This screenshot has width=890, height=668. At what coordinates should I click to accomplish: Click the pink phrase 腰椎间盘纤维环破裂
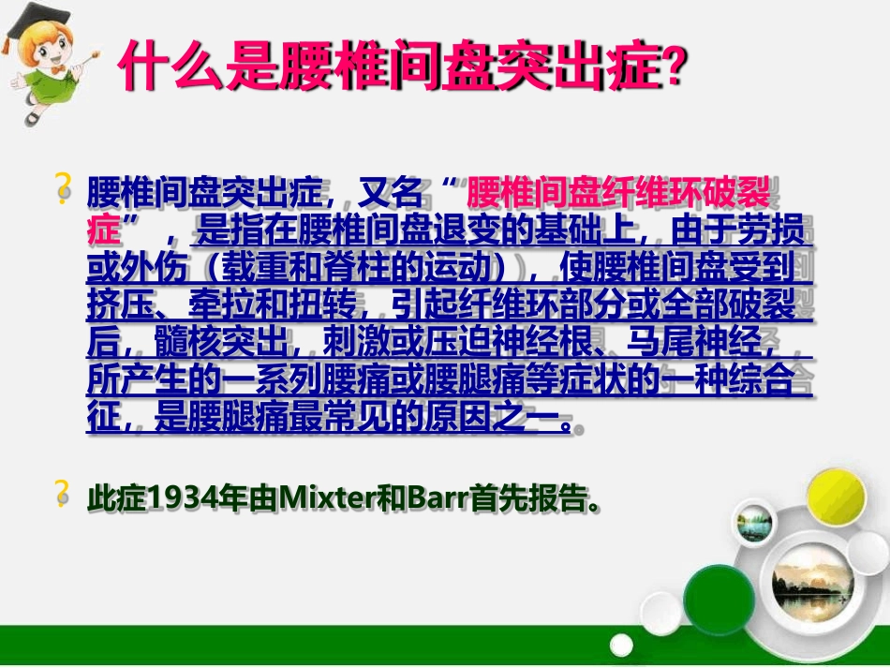(617, 196)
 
